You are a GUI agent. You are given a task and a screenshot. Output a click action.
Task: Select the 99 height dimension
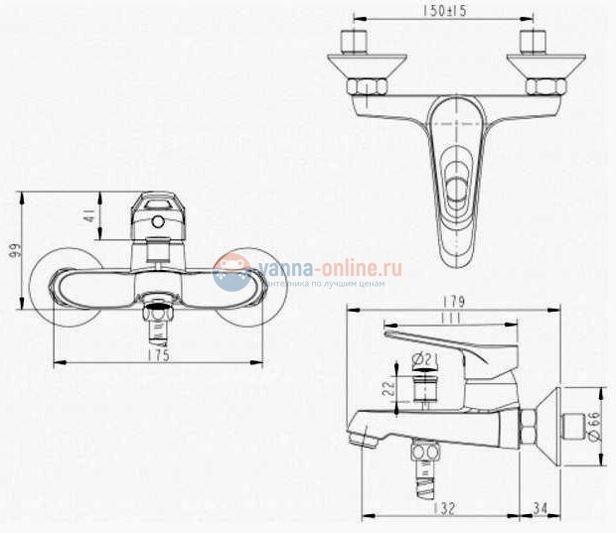[x=13, y=249]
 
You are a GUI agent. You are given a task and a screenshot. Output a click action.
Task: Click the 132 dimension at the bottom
[x=443, y=509]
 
